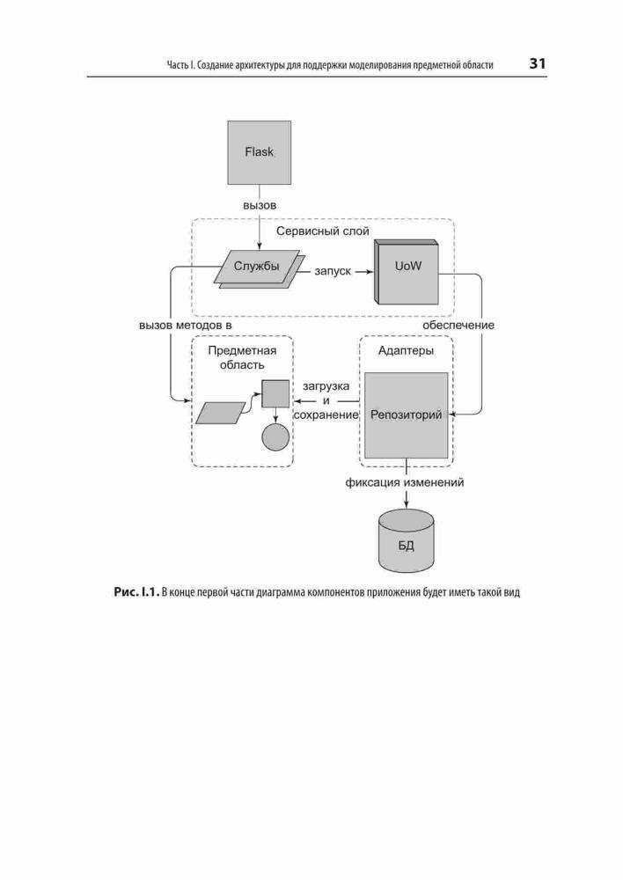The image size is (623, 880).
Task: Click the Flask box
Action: tap(260, 152)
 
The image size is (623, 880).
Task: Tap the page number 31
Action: tap(537, 63)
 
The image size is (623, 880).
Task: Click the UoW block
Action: tap(406, 271)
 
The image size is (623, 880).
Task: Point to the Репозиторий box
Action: tap(407, 415)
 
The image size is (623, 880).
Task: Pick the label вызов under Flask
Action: tap(260, 205)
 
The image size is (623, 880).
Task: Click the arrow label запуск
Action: tap(333, 272)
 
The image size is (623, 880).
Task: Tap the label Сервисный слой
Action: tap(323, 231)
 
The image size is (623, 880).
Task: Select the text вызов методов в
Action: tap(185, 325)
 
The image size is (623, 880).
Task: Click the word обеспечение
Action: tap(458, 325)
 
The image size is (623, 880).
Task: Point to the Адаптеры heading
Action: tap(406, 351)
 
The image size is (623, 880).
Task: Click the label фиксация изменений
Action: tap(405, 482)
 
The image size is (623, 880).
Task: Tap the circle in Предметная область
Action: tap(275, 436)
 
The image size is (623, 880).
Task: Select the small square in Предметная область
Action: tap(275, 393)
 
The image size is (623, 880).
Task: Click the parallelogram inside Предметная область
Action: tap(221, 412)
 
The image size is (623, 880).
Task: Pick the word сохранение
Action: tap(326, 415)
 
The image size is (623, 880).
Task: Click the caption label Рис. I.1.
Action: tap(136, 592)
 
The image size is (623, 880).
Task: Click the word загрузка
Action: tap(326, 386)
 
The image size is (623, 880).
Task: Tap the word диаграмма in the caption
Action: tap(281, 592)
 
